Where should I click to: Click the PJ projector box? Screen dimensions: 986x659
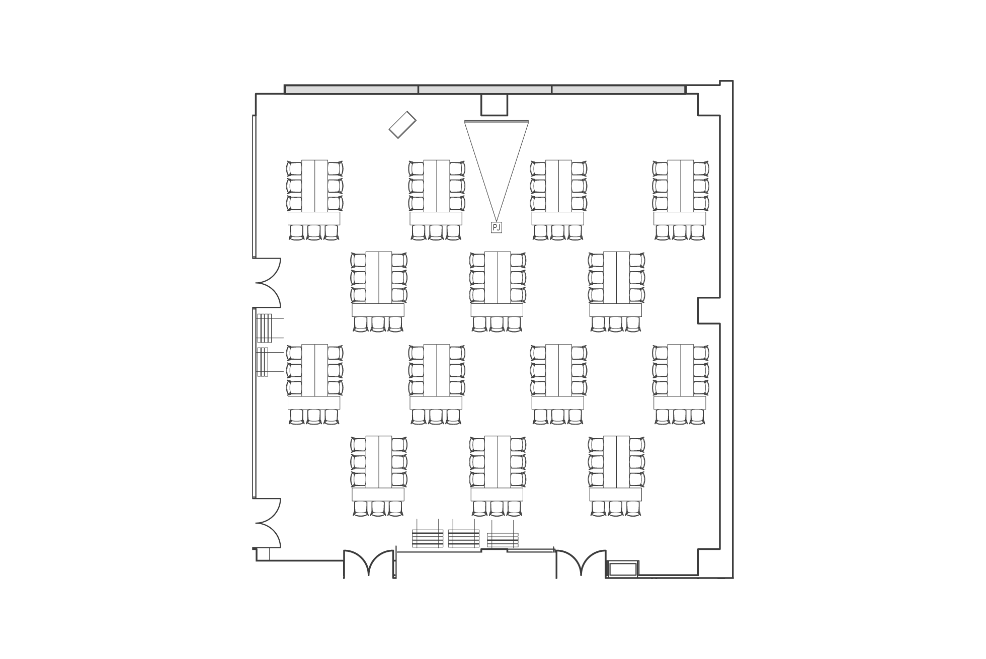click(497, 227)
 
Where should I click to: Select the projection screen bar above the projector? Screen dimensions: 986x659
click(497, 121)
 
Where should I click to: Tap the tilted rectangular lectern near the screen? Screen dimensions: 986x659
click(402, 124)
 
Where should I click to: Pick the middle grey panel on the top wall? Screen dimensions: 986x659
click(485, 90)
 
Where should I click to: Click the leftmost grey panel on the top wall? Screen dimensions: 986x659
click(352, 90)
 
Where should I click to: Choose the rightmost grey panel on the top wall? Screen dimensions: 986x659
click(618, 90)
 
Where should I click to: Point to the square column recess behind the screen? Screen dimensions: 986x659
click(494, 105)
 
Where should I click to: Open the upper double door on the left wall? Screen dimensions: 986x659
click(268, 282)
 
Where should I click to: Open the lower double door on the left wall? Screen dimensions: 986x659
click(268, 523)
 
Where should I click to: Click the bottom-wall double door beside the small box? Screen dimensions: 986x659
click(581, 563)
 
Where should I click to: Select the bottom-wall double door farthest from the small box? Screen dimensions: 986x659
click(369, 563)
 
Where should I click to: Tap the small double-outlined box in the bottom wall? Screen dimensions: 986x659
click(623, 569)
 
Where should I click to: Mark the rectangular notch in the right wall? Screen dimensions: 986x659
click(709, 310)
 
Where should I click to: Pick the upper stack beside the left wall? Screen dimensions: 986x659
click(265, 328)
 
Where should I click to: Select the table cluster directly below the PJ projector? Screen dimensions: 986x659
click(497, 292)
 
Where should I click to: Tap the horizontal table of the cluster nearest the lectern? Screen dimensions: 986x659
click(314, 218)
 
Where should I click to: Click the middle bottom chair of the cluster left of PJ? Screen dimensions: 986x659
click(436, 232)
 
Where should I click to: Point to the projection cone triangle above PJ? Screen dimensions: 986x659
click(497, 171)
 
